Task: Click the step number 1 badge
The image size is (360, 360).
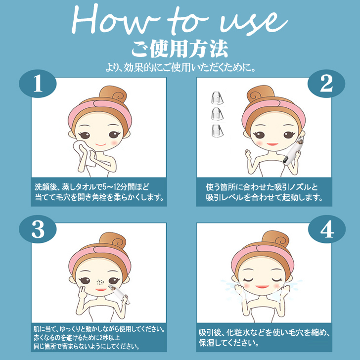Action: tap(38, 84)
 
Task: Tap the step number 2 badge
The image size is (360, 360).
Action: tap(326, 84)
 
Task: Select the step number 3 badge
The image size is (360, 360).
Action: tap(38, 229)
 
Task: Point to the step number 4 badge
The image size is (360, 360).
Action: tap(327, 229)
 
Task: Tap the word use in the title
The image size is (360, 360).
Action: tap(253, 23)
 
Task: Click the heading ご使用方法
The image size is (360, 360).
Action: tap(180, 48)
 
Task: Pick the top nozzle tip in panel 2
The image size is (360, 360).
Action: tap(217, 98)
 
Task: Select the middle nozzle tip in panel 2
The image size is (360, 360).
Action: tap(217, 113)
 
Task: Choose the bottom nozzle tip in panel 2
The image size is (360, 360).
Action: tap(217, 130)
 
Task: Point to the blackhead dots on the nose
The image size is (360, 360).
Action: tap(100, 282)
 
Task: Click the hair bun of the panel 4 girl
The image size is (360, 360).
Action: tap(275, 240)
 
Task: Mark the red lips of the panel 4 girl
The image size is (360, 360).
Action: tap(262, 287)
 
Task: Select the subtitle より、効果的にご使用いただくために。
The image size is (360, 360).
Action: tap(180, 67)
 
